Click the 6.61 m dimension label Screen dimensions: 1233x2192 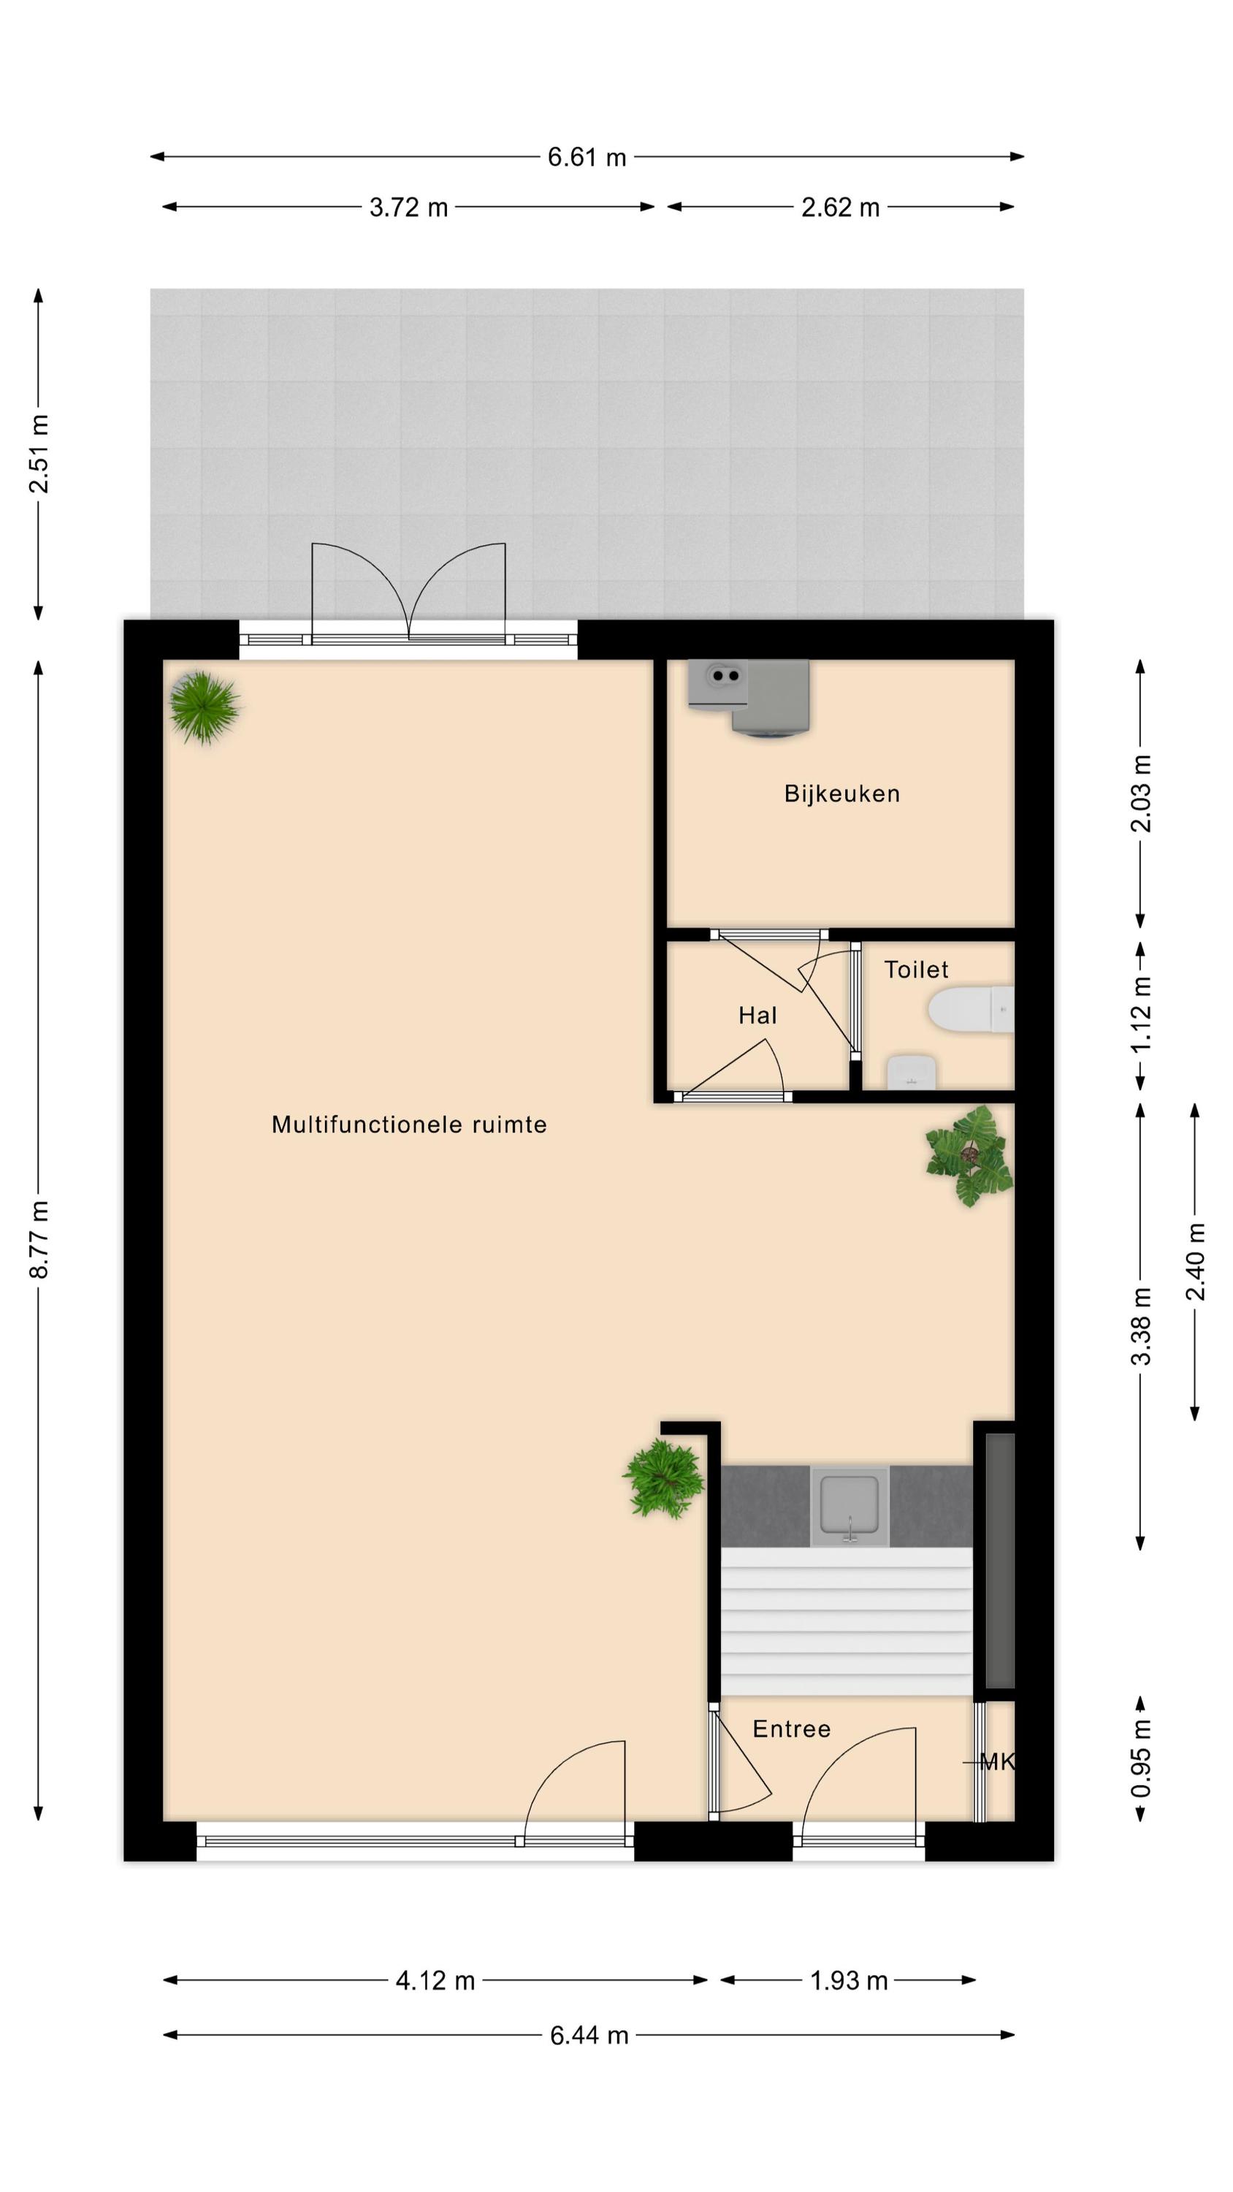(x=587, y=157)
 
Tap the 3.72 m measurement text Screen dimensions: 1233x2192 (x=408, y=208)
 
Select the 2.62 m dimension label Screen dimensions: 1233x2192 (x=840, y=208)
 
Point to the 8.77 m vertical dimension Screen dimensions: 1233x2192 (x=39, y=1239)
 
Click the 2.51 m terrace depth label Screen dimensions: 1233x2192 (x=39, y=454)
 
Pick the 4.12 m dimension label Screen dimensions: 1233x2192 (x=435, y=1980)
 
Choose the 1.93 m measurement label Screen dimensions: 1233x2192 (x=848, y=1980)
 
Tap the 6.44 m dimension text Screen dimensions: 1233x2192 (x=589, y=2035)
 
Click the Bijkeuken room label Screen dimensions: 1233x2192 (x=841, y=794)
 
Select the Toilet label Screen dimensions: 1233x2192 (x=915, y=969)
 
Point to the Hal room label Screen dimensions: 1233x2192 (x=757, y=1015)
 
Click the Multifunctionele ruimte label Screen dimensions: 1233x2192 (x=409, y=1125)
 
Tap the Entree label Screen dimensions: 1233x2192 (x=791, y=1728)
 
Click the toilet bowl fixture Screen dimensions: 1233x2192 (x=971, y=1009)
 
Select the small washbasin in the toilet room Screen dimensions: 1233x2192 (x=912, y=1072)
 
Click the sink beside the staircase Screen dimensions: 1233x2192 (x=850, y=1506)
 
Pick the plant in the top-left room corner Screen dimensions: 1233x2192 (x=205, y=707)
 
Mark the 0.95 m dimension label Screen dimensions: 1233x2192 (x=1140, y=1759)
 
